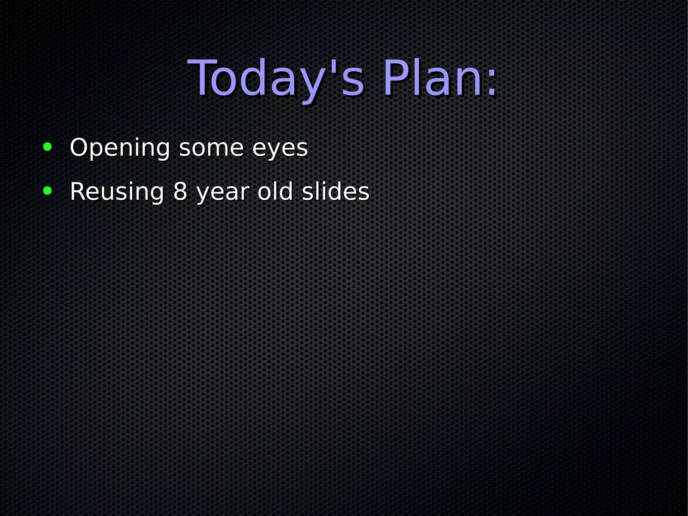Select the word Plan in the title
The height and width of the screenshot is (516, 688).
[433, 79]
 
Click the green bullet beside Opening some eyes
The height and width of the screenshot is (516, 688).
[47, 147]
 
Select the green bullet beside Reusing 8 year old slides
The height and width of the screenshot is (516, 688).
[47, 191]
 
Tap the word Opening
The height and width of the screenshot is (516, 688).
[120, 148]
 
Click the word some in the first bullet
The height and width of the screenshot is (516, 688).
[211, 148]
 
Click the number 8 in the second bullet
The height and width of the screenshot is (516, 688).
[180, 192]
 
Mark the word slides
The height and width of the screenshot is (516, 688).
[336, 192]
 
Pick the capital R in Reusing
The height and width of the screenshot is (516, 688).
[76, 192]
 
